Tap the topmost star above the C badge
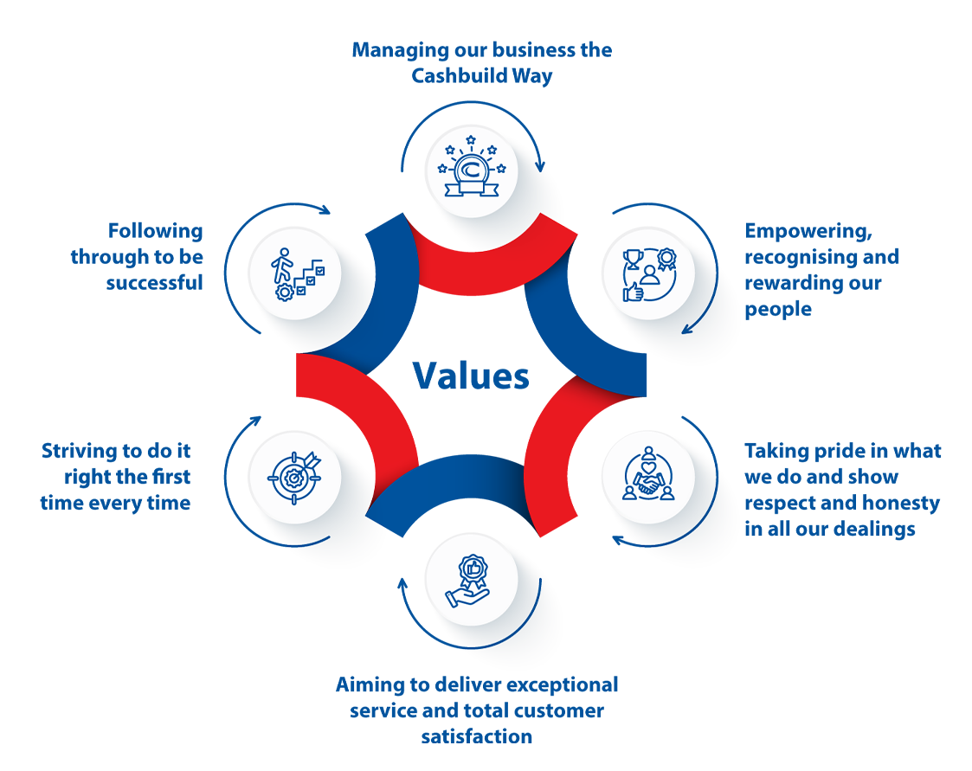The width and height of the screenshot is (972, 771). click(471, 138)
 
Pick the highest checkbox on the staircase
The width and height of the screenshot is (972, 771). click(320, 271)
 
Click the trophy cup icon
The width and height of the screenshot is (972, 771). click(632, 259)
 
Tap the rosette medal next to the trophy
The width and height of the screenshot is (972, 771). click(667, 258)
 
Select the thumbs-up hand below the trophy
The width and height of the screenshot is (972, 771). click(633, 292)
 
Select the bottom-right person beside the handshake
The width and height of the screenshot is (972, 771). click(670, 492)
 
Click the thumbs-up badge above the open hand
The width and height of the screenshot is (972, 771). click(471, 569)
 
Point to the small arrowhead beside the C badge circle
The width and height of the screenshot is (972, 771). click(539, 166)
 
